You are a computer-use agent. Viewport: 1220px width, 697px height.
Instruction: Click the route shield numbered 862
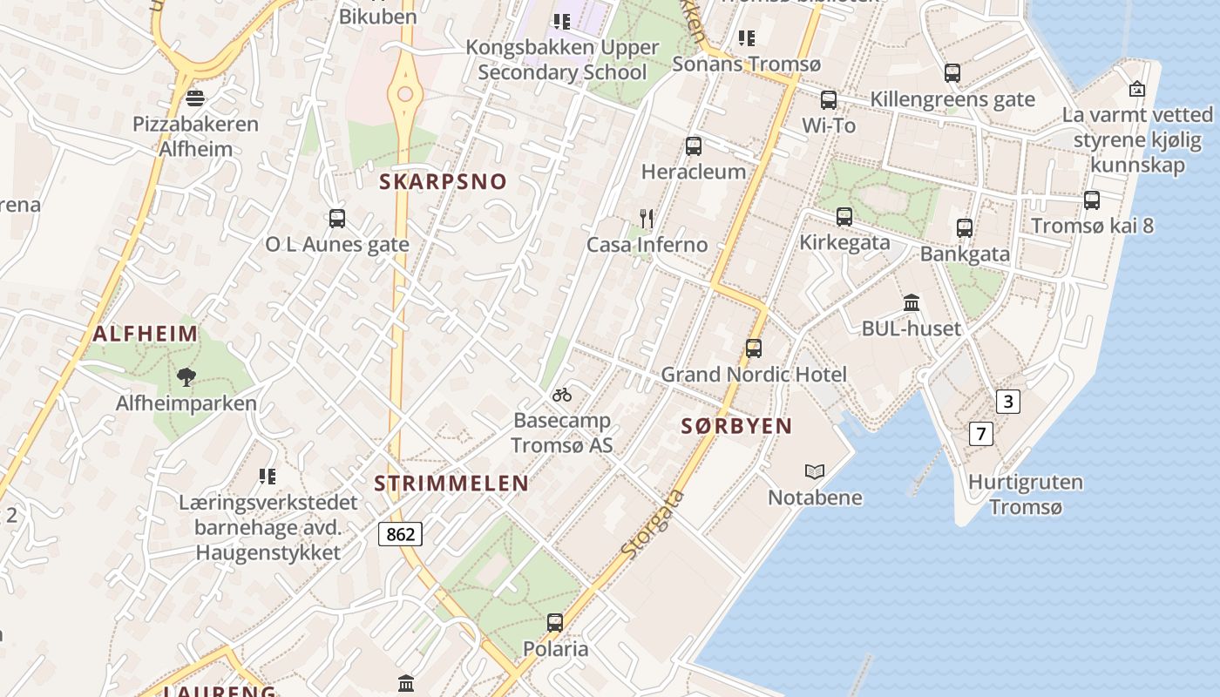pyautogui.click(x=400, y=533)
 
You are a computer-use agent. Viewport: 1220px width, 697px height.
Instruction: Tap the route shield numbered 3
pyautogui.click(x=1008, y=402)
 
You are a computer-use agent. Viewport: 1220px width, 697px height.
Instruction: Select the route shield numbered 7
pyautogui.click(x=981, y=433)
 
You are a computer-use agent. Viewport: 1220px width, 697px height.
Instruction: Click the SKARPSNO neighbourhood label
pyautogui.click(x=443, y=181)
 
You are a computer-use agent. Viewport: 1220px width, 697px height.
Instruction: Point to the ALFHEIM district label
pyautogui.click(x=146, y=333)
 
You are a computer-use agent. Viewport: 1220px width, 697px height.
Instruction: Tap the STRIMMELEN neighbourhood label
pyautogui.click(x=451, y=484)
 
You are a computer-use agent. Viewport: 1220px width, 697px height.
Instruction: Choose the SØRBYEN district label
pyautogui.click(x=736, y=426)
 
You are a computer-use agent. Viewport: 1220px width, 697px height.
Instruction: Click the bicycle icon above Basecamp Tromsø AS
pyautogui.click(x=562, y=395)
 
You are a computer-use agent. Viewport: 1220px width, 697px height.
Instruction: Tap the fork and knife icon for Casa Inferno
pyautogui.click(x=646, y=219)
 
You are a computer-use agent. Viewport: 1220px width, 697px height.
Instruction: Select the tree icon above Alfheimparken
pyautogui.click(x=186, y=377)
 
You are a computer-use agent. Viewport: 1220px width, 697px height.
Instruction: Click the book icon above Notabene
pyautogui.click(x=815, y=471)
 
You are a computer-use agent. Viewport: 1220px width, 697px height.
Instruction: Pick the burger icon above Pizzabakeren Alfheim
pyautogui.click(x=195, y=98)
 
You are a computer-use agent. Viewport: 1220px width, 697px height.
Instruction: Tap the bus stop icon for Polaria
pyautogui.click(x=555, y=623)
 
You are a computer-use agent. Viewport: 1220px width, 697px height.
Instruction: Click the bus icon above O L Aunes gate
pyautogui.click(x=337, y=219)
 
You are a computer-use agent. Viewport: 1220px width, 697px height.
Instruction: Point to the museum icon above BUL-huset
pyautogui.click(x=912, y=303)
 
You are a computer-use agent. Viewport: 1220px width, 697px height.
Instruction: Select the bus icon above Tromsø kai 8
pyautogui.click(x=1092, y=200)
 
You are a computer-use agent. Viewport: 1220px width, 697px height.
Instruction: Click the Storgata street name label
pyautogui.click(x=653, y=524)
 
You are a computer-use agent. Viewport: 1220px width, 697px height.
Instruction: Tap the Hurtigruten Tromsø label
pyautogui.click(x=1026, y=494)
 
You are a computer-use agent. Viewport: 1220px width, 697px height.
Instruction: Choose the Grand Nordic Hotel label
pyautogui.click(x=754, y=375)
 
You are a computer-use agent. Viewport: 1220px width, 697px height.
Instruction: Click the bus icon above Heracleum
pyautogui.click(x=694, y=146)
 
